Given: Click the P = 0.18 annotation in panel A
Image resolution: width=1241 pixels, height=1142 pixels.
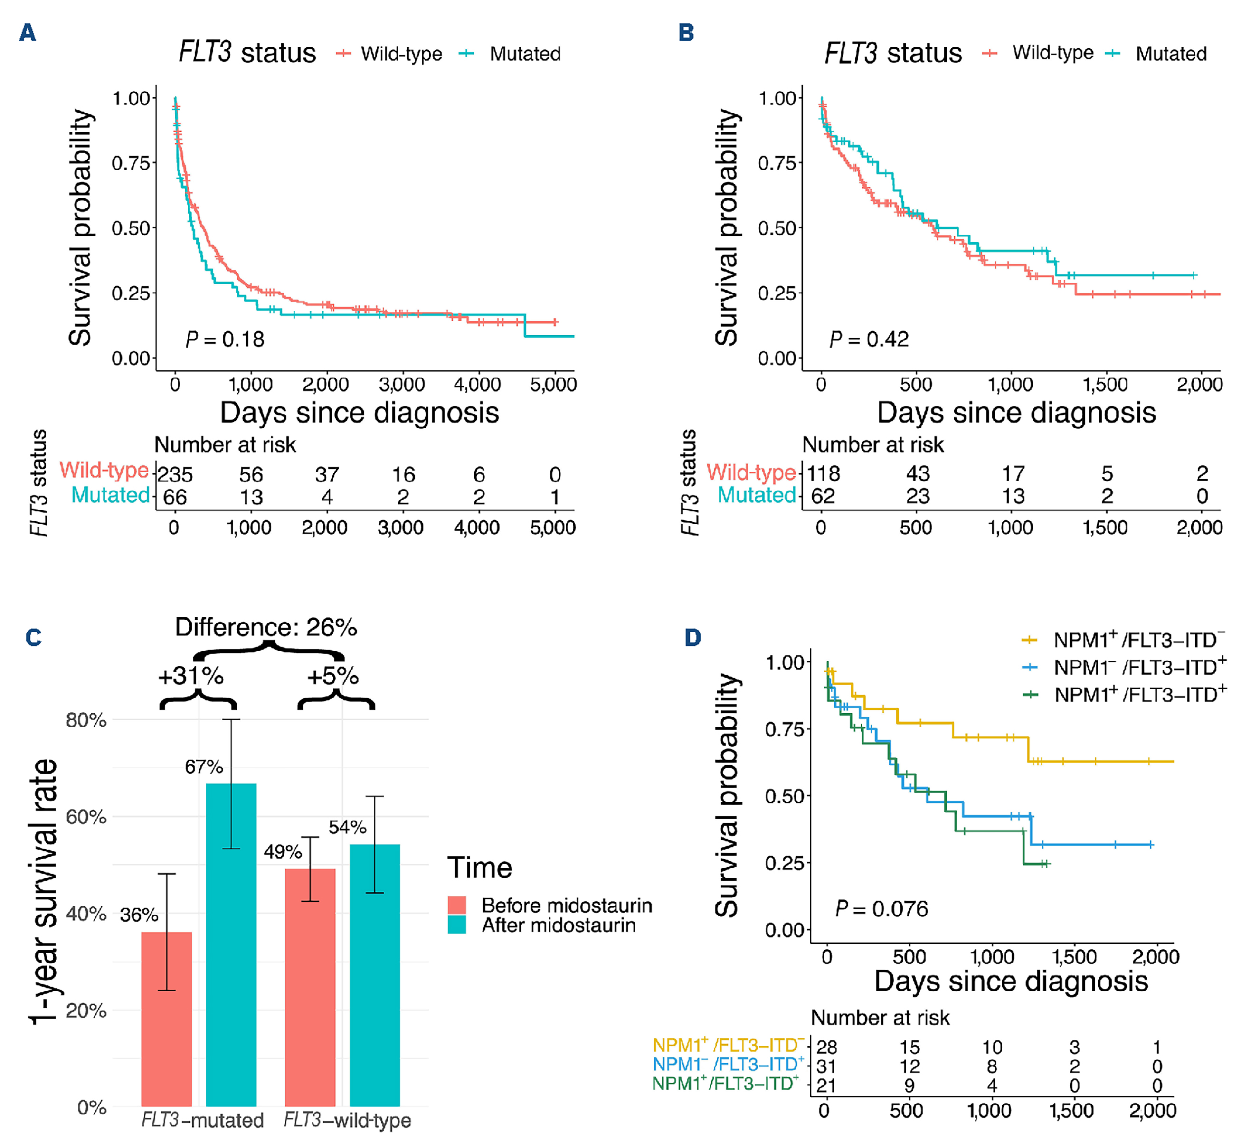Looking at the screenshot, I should pos(225,339).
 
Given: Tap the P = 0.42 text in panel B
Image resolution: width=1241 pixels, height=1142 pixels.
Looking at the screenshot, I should pos(869,339).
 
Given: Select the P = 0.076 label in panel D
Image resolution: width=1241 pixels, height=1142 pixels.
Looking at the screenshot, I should pos(882,909).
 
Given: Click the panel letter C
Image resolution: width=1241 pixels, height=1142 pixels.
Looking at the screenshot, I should pos(33,637).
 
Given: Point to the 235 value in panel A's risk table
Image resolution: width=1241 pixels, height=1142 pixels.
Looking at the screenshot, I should pos(175,474).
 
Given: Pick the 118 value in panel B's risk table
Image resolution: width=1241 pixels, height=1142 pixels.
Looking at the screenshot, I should pos(824,474).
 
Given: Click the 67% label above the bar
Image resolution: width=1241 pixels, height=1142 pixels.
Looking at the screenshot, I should pos(204,767).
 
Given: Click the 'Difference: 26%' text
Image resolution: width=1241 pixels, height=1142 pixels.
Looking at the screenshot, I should pos(266,627).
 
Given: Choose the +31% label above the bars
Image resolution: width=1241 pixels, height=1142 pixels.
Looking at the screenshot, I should pos(190,676).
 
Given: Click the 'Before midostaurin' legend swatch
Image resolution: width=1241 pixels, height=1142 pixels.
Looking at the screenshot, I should pos(457,906).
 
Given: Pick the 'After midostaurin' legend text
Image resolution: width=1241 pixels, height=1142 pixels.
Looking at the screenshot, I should pos(559,925).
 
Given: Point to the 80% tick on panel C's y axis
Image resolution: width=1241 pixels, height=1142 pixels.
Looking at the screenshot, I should pos(86,720).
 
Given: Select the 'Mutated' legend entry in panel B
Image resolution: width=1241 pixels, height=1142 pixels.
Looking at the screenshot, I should pos(1171,54).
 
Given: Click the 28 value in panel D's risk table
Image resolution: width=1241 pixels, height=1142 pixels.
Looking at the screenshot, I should pos(826,1047).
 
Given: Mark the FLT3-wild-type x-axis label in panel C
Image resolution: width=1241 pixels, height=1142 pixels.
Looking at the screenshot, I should pos(347,1120).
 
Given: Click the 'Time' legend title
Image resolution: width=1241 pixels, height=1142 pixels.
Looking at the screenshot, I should pos(480,868).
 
